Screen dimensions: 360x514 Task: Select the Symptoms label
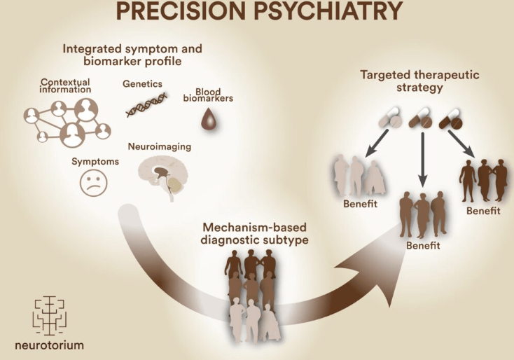tap(95, 161)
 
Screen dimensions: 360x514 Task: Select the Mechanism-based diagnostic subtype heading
tap(250, 234)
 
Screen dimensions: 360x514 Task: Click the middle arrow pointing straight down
tap(422, 160)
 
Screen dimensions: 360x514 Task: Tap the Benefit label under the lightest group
tap(360, 204)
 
